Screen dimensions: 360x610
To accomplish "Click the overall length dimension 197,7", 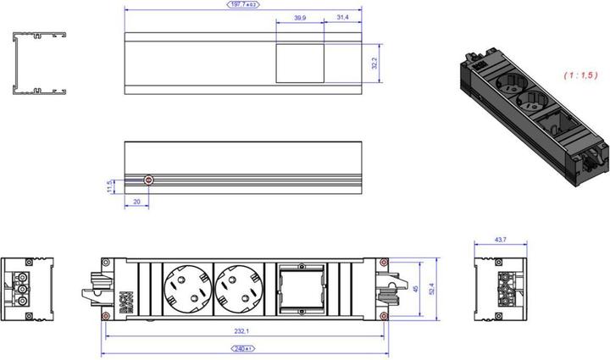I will click(243, 5).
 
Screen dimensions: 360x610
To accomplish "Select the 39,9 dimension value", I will click(300, 17).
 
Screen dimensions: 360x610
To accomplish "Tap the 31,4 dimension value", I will click(342, 17).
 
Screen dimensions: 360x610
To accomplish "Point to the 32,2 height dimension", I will click(374, 64).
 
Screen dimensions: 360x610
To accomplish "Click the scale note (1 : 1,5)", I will click(579, 75).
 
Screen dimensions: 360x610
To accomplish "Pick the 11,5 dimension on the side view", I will click(109, 186).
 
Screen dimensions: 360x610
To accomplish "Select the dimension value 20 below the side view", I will click(137, 202).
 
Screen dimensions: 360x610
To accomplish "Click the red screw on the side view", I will click(149, 180).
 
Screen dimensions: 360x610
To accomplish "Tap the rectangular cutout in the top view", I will click(300, 64).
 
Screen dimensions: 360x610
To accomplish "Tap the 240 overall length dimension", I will click(242, 348).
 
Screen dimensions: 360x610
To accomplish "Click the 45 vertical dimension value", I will click(414, 288).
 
